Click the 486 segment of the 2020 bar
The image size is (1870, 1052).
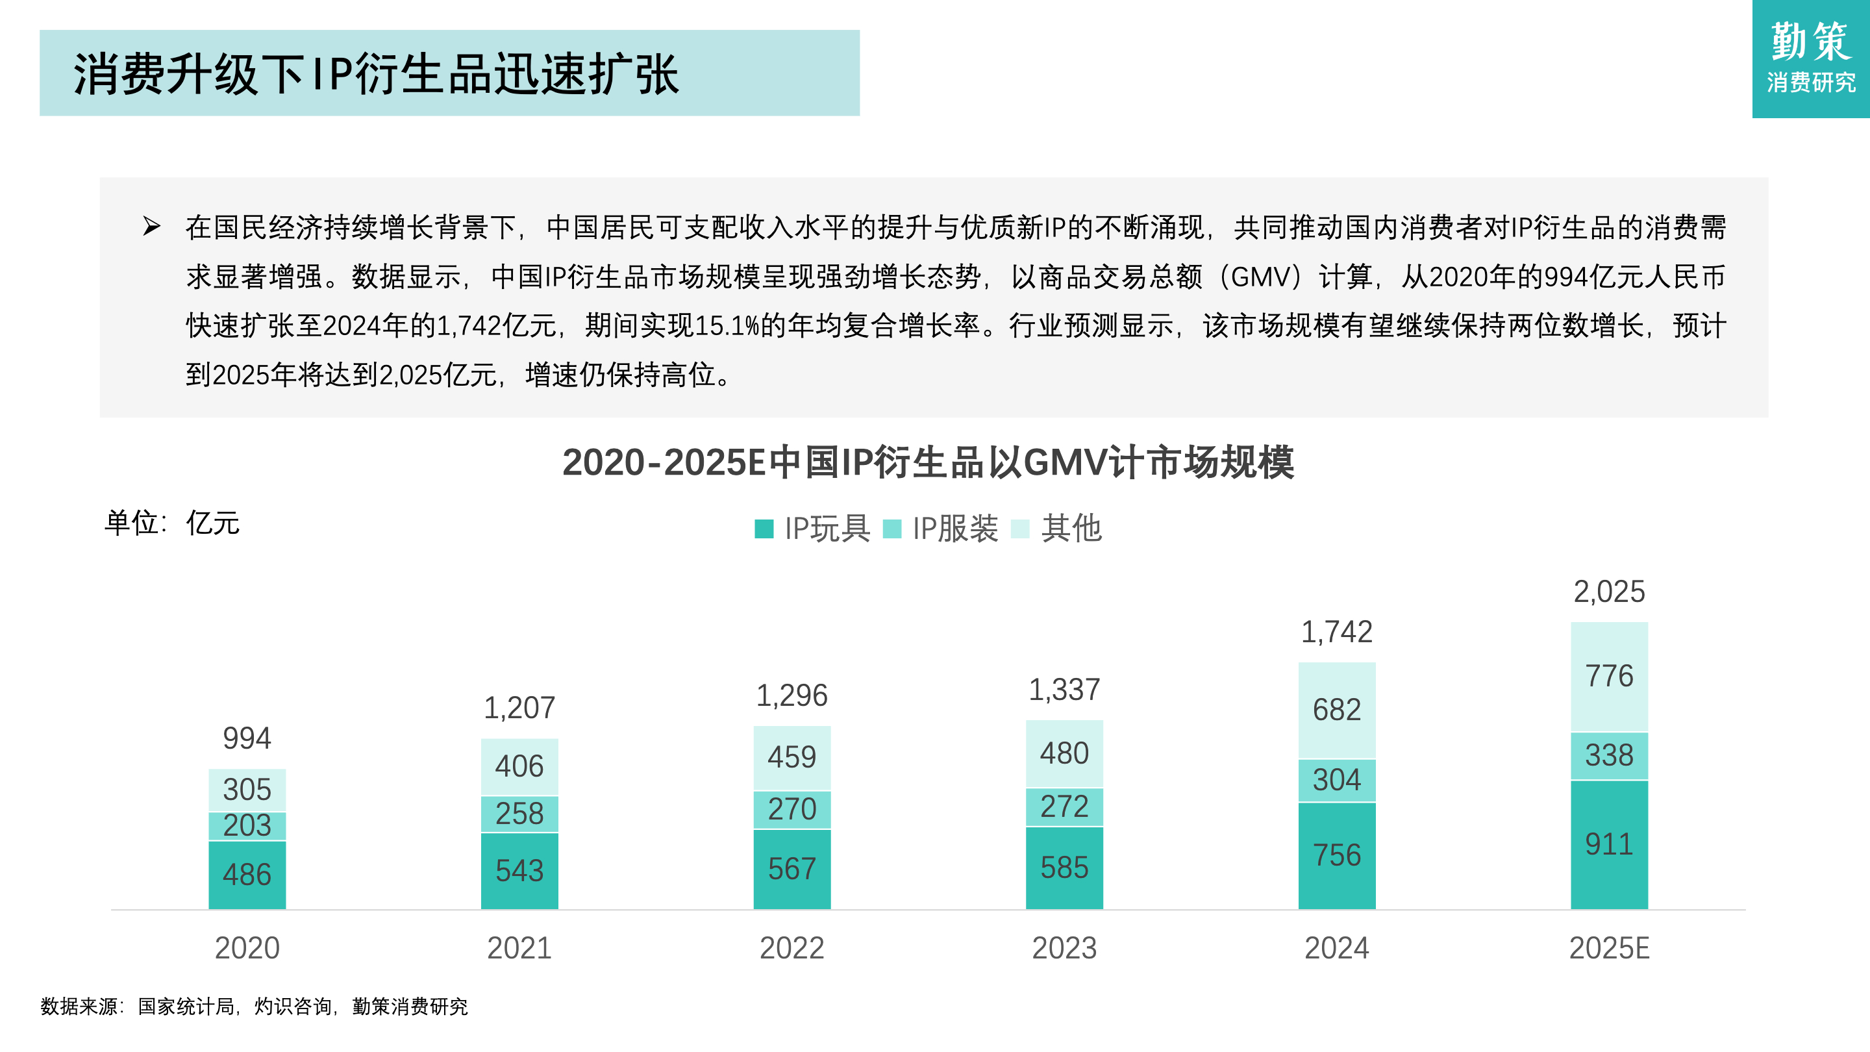(247, 874)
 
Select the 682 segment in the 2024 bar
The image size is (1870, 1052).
(1336, 709)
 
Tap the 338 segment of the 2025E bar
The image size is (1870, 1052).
(1609, 755)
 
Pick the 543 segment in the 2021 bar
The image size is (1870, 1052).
(519, 870)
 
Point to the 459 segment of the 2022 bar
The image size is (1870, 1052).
(792, 757)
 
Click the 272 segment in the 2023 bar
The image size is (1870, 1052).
(1064, 807)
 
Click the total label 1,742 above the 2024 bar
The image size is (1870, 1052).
(1336, 632)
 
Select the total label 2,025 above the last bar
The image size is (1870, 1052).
(1609, 591)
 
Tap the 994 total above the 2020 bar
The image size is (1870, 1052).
(247, 738)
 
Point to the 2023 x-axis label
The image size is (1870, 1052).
(1064, 947)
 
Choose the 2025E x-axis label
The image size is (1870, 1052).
(1609, 947)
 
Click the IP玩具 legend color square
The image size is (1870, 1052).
(764, 529)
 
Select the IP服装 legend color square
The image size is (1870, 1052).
(891, 529)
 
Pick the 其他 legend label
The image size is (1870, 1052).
(1071, 528)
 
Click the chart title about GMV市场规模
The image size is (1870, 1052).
(928, 462)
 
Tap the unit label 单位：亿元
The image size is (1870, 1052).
(172, 523)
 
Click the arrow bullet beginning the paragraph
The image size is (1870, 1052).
(151, 227)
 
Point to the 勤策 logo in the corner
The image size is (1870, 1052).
(1810, 58)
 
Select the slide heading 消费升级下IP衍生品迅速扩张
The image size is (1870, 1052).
(376, 73)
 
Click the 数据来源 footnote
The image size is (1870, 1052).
(254, 1007)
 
